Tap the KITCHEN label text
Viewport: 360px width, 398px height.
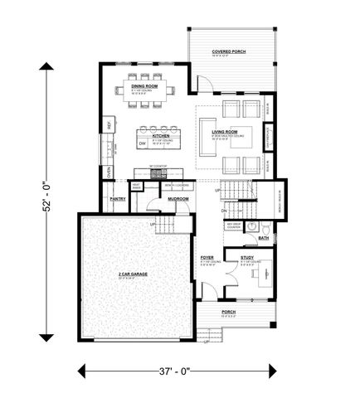[160, 136]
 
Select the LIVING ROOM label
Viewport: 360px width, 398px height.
[225, 132]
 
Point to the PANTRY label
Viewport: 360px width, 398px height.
[117, 199]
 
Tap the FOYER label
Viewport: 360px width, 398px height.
[207, 258]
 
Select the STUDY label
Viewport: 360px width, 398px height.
[247, 258]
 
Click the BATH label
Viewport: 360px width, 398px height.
[263, 238]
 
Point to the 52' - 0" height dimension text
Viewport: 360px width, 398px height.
[46, 199]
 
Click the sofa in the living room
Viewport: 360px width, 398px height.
[205, 133]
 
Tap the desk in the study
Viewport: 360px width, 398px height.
[263, 274]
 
